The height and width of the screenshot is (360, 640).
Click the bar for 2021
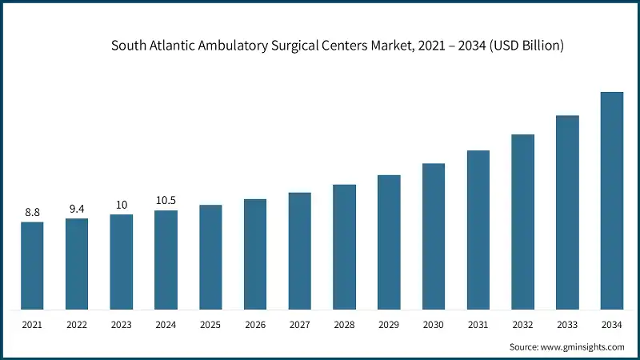(32, 266)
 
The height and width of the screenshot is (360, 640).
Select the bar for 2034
(612, 200)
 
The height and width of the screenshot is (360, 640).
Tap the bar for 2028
(344, 246)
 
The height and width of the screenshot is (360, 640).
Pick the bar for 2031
(478, 230)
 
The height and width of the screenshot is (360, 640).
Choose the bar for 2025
(210, 257)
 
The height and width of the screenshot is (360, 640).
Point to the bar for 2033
(567, 212)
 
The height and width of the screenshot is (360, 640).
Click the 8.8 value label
(32, 213)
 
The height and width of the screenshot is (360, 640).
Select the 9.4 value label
(77, 209)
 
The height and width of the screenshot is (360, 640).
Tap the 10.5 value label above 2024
(166, 201)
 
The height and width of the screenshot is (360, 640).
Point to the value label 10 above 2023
(122, 205)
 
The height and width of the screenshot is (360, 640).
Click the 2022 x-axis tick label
(77, 324)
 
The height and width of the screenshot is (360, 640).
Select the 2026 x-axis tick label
(255, 324)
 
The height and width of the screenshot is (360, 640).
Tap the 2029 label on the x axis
(389, 324)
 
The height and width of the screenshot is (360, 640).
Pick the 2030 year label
(434, 324)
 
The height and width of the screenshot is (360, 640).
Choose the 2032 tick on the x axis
(523, 324)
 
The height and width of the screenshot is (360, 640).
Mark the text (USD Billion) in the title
(523, 46)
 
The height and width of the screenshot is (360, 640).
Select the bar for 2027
(300, 250)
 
